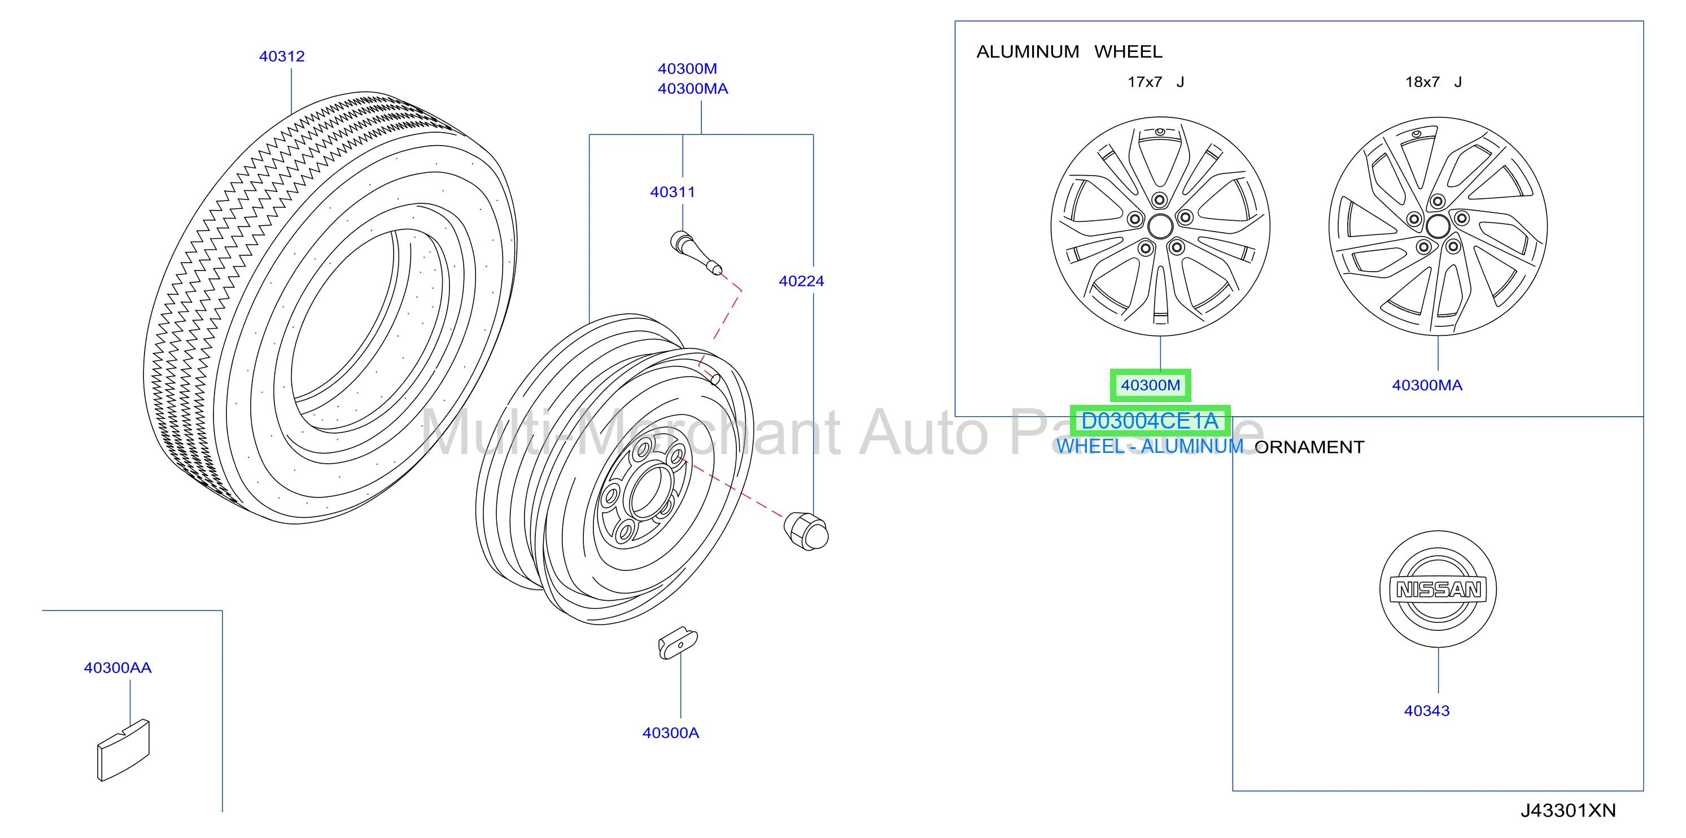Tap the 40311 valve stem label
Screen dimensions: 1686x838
click(672, 192)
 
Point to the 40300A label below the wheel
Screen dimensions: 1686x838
click(670, 732)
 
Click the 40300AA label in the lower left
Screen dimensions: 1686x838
click(118, 668)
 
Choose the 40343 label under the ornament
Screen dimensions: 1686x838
click(1427, 710)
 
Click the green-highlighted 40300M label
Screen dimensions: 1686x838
click(1151, 385)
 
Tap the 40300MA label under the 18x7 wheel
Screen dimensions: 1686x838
click(1427, 385)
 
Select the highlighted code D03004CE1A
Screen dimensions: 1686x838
click(1150, 420)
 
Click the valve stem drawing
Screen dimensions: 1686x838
click(696, 254)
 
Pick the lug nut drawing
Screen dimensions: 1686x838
click(806, 531)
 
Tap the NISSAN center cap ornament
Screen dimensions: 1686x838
click(1439, 589)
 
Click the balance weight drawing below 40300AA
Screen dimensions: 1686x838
click(123, 750)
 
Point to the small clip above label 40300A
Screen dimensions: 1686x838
click(678, 643)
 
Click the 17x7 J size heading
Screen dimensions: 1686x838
click(1156, 82)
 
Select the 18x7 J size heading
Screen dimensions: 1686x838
click(1434, 82)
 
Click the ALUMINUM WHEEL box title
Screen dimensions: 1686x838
click(1069, 52)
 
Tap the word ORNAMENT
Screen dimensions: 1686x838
click(1309, 447)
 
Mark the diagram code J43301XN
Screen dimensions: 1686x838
click(1568, 810)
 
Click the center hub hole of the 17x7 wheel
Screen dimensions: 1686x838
click(1160, 226)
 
